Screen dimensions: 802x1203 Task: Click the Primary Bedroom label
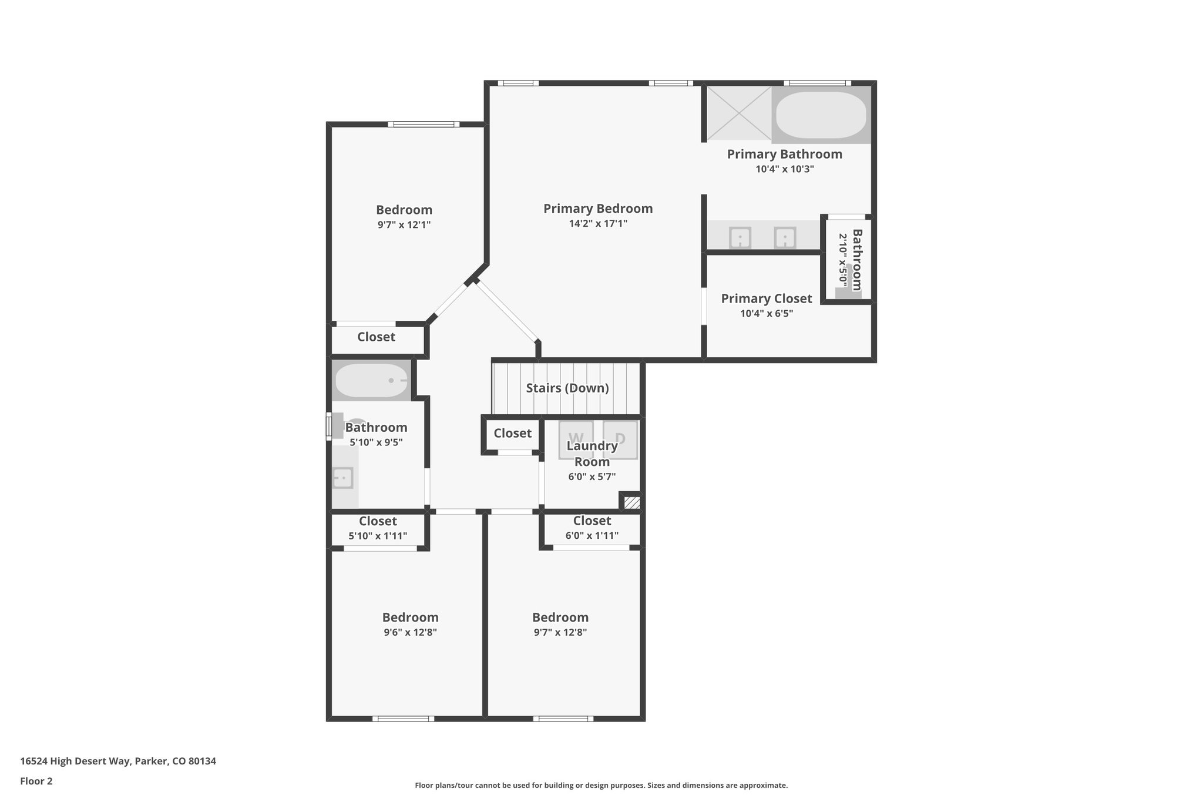click(x=597, y=209)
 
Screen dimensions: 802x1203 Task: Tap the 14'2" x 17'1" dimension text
click(x=597, y=223)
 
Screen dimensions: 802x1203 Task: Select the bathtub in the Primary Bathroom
click(x=821, y=114)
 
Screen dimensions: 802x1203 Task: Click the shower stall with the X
click(x=738, y=113)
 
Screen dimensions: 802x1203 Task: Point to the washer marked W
click(x=576, y=439)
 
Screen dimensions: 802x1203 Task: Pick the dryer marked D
click(x=620, y=439)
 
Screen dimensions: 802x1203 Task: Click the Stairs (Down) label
click(x=567, y=388)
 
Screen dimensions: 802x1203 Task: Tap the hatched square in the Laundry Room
click(x=632, y=502)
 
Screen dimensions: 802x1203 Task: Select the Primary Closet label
click(x=766, y=298)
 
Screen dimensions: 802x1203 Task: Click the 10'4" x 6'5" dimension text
click(x=766, y=313)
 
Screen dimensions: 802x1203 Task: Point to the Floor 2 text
click(x=36, y=781)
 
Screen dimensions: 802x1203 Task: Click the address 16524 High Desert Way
click(x=117, y=761)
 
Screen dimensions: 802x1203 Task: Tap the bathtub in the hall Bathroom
click(x=371, y=380)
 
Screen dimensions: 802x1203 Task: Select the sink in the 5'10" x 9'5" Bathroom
click(x=342, y=478)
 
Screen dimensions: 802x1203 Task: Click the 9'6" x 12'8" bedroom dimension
click(x=410, y=632)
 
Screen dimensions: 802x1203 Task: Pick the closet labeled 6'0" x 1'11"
click(x=592, y=528)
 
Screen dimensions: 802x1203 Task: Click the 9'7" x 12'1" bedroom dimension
click(x=404, y=224)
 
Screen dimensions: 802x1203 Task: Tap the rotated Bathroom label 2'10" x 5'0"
click(x=850, y=260)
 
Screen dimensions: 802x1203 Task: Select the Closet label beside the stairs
click(x=512, y=433)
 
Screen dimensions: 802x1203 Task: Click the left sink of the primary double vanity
click(x=740, y=238)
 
